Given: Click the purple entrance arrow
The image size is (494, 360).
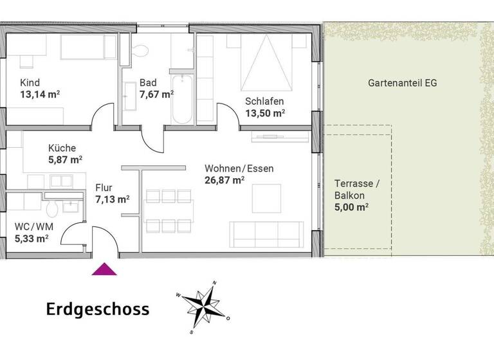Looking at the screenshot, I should tap(104, 269).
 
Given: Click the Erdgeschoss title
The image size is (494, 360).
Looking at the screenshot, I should tap(98, 309).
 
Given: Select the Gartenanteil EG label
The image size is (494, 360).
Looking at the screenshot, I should tap(403, 84).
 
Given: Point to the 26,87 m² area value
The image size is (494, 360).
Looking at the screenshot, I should tap(224, 181).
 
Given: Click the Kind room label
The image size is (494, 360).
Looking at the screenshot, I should tap(30, 83).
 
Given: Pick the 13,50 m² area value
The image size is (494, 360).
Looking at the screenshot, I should tap(265, 113).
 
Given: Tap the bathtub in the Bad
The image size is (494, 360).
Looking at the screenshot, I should tap(181, 100).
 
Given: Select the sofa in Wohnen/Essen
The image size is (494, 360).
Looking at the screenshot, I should tap(268, 234).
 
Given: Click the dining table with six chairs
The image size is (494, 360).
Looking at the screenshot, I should tap(169, 210).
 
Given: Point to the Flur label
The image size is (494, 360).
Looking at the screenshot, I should tap(104, 188).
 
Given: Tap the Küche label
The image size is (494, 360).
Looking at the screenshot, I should tap(62, 147).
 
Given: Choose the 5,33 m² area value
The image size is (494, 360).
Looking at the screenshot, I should tap(32, 239).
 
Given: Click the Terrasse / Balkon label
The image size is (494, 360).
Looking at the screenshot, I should tap(357, 190).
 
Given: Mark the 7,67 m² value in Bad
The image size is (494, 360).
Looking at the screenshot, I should tap(157, 94).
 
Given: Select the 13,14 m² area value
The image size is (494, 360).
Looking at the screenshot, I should tap(40, 94).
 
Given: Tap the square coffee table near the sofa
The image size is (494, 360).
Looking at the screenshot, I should tap(266, 198).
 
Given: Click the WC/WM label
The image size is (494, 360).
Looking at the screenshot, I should tap(33, 226).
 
